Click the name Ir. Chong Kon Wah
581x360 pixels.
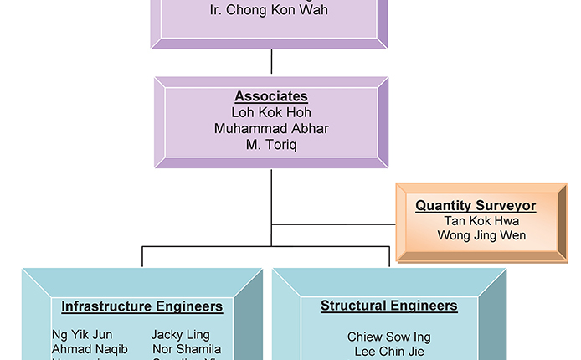click(270, 11)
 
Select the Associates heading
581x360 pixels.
click(270, 97)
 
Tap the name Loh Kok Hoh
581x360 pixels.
click(270, 112)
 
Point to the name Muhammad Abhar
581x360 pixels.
click(270, 129)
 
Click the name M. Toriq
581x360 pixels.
click(270, 145)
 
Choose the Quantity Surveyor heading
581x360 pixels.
click(476, 206)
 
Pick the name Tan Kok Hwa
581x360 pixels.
click(481, 221)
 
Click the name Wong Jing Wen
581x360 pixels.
click(481, 235)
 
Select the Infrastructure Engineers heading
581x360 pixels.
click(141, 306)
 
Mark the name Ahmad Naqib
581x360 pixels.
click(90, 349)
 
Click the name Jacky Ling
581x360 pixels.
click(179, 335)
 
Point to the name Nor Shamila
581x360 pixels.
click(187, 349)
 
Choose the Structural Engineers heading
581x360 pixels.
click(388, 306)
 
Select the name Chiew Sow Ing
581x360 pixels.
click(388, 337)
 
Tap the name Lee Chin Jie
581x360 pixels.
click(388, 351)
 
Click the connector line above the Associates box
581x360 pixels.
click(271, 62)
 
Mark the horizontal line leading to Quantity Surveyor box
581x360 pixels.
click(335, 224)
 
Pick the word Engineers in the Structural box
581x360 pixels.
click(425, 306)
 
